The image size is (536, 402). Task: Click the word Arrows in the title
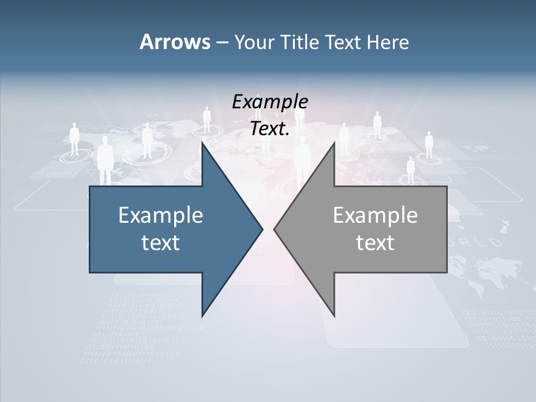point(174,42)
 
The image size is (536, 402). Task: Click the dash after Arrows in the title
point(221,42)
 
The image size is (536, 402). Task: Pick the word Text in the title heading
point(343,42)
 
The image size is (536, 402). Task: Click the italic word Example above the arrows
point(270,102)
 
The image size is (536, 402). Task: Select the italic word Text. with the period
point(270,129)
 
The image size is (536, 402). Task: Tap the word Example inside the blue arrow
point(161,216)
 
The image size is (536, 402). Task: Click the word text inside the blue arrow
point(161,243)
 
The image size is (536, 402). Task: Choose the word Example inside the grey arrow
point(375,216)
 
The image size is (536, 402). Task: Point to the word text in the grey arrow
point(375,243)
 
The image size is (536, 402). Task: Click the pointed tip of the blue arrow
point(262,229)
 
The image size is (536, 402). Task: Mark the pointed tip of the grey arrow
point(275,229)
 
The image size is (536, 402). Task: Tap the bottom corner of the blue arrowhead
point(202,316)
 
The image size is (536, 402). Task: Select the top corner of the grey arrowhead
point(334,143)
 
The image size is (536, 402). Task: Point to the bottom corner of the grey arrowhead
point(334,316)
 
